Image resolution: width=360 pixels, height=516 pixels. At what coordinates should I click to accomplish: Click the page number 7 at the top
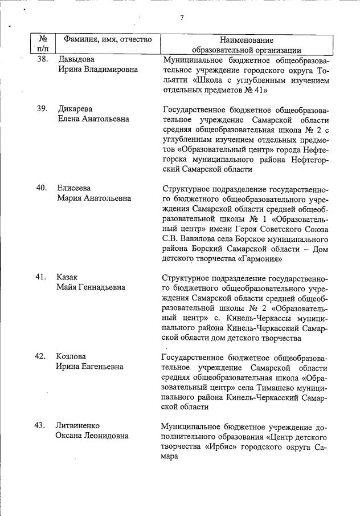coord(182,18)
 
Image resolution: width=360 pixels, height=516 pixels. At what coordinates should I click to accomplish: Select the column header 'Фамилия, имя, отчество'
coord(108,40)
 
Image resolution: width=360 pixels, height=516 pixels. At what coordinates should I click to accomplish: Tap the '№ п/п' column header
coord(43,44)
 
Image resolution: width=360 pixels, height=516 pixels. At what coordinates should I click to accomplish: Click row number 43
coord(40,426)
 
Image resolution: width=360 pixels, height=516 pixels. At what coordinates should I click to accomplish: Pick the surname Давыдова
coord(76,59)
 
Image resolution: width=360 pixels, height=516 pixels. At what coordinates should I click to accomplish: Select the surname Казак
coord(67,277)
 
